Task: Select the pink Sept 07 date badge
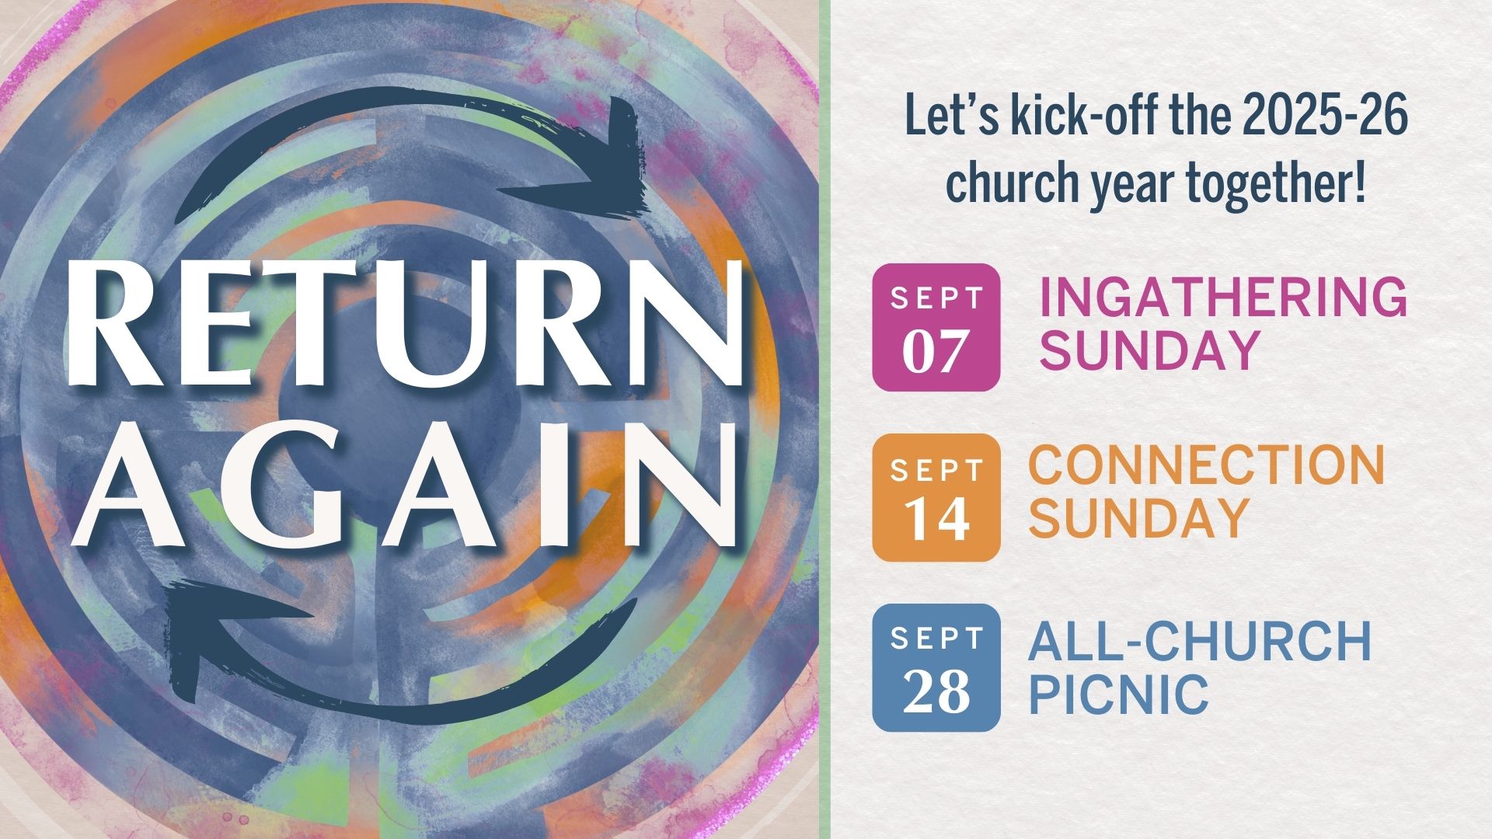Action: pos(936,327)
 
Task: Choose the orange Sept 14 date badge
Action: pos(936,498)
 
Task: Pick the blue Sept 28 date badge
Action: pos(936,667)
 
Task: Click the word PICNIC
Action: pos(1119,694)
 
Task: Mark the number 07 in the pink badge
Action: pos(936,350)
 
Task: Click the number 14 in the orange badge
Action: pos(936,520)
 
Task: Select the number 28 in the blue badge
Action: pos(936,691)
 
